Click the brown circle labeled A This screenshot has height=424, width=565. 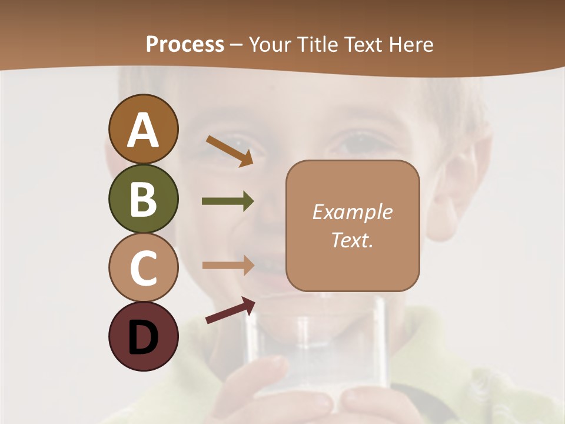(x=143, y=129)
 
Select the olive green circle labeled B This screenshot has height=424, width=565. (x=143, y=198)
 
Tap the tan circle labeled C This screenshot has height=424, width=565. (x=143, y=267)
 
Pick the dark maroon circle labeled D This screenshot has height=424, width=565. (x=143, y=336)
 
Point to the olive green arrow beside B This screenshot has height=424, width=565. (x=228, y=201)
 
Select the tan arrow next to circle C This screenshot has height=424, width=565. (x=228, y=264)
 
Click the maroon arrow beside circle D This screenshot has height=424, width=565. (x=230, y=310)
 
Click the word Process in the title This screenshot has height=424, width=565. (x=185, y=45)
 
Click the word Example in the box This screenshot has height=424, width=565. (x=352, y=212)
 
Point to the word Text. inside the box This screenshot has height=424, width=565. (x=352, y=240)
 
